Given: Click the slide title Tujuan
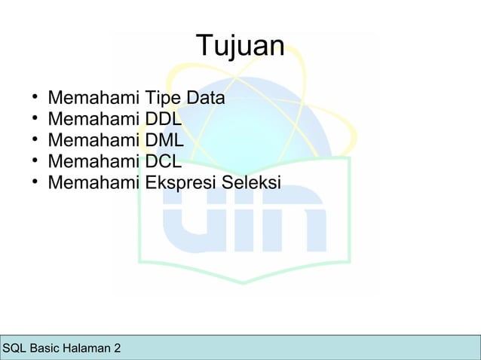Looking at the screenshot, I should (240, 47).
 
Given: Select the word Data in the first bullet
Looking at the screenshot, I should (206, 98).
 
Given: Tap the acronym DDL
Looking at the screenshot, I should (164, 119).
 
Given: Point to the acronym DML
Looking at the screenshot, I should (165, 140).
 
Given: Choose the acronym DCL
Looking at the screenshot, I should (164, 161).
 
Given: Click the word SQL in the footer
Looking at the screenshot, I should (14, 349).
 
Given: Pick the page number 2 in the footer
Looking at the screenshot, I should (117, 349).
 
